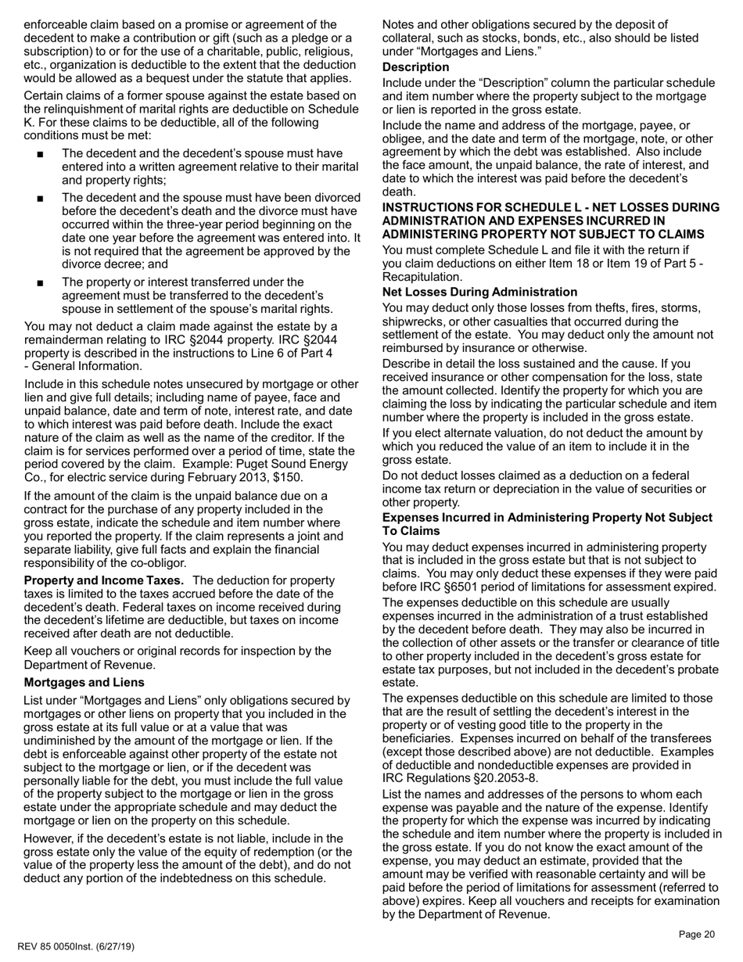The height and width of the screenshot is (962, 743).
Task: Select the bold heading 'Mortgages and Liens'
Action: tap(84, 682)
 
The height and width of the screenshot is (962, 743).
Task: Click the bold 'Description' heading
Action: tap(415, 67)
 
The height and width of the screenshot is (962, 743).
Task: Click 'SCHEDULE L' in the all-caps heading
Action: tap(566, 207)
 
